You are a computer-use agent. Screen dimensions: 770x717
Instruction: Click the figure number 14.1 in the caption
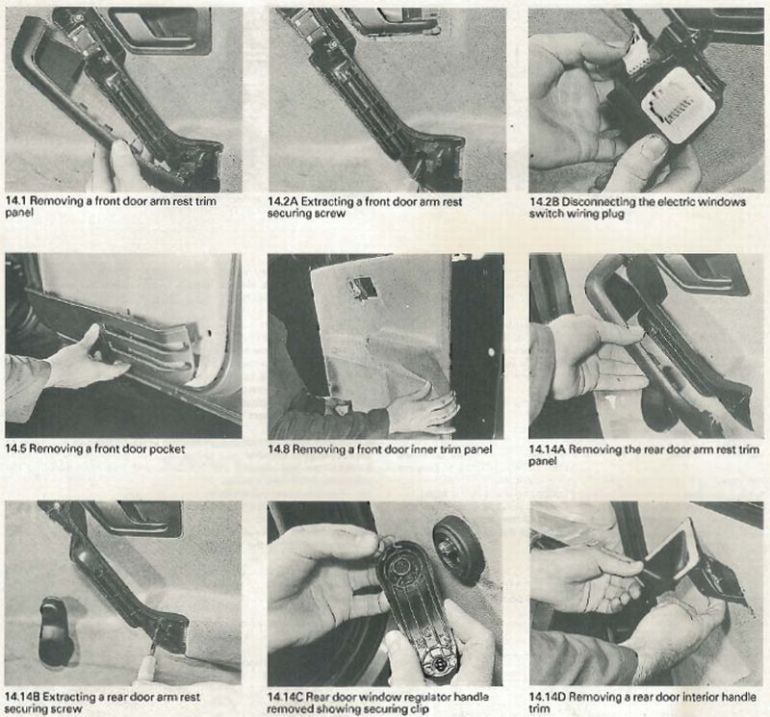coord(16,201)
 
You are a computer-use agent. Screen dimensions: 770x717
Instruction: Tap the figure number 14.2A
coord(282,201)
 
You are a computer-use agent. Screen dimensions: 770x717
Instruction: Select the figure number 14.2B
coord(544,201)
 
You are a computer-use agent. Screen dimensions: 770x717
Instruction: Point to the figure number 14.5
coord(16,448)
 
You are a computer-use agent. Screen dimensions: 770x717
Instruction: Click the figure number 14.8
coord(278,448)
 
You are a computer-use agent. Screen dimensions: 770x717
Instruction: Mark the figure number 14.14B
coord(22,697)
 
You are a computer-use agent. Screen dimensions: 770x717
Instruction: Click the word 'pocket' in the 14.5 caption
coord(168,449)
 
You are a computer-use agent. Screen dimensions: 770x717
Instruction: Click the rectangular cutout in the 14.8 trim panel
coord(364,288)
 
